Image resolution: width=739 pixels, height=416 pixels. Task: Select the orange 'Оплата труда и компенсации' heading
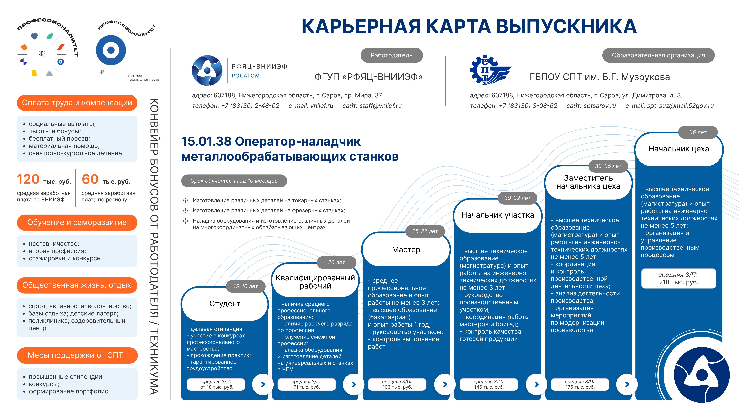click(77, 102)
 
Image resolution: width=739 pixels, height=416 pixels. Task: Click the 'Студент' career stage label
click(225, 303)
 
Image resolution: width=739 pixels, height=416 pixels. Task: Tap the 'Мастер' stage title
click(406, 250)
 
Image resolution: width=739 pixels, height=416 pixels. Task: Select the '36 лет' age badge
click(698, 132)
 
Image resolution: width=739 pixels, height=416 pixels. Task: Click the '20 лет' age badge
click(336, 262)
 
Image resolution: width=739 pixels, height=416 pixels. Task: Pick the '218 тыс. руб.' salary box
click(678, 278)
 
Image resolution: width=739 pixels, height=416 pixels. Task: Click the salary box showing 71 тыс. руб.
click(306, 384)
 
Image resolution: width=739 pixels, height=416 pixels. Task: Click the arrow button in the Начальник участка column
click(536, 384)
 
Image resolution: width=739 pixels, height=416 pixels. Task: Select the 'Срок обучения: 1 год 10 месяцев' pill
click(234, 181)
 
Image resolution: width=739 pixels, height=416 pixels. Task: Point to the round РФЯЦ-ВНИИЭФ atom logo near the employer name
click(207, 70)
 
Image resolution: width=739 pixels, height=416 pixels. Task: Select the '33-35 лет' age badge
click(608, 166)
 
